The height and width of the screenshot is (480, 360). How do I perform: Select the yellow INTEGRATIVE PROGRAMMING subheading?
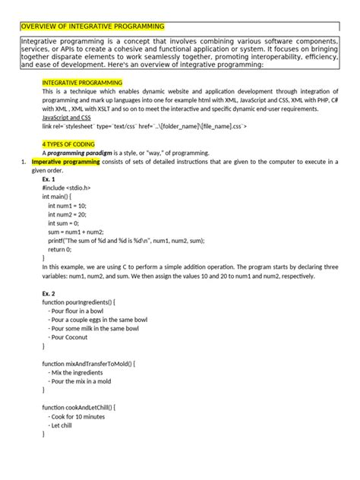pyautogui.click(x=80, y=81)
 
